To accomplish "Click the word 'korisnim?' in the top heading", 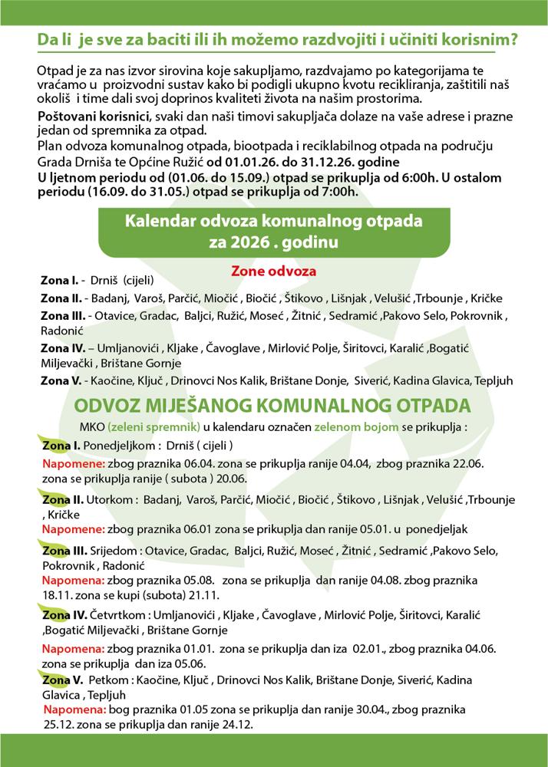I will (473, 38).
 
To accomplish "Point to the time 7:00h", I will (337, 191).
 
